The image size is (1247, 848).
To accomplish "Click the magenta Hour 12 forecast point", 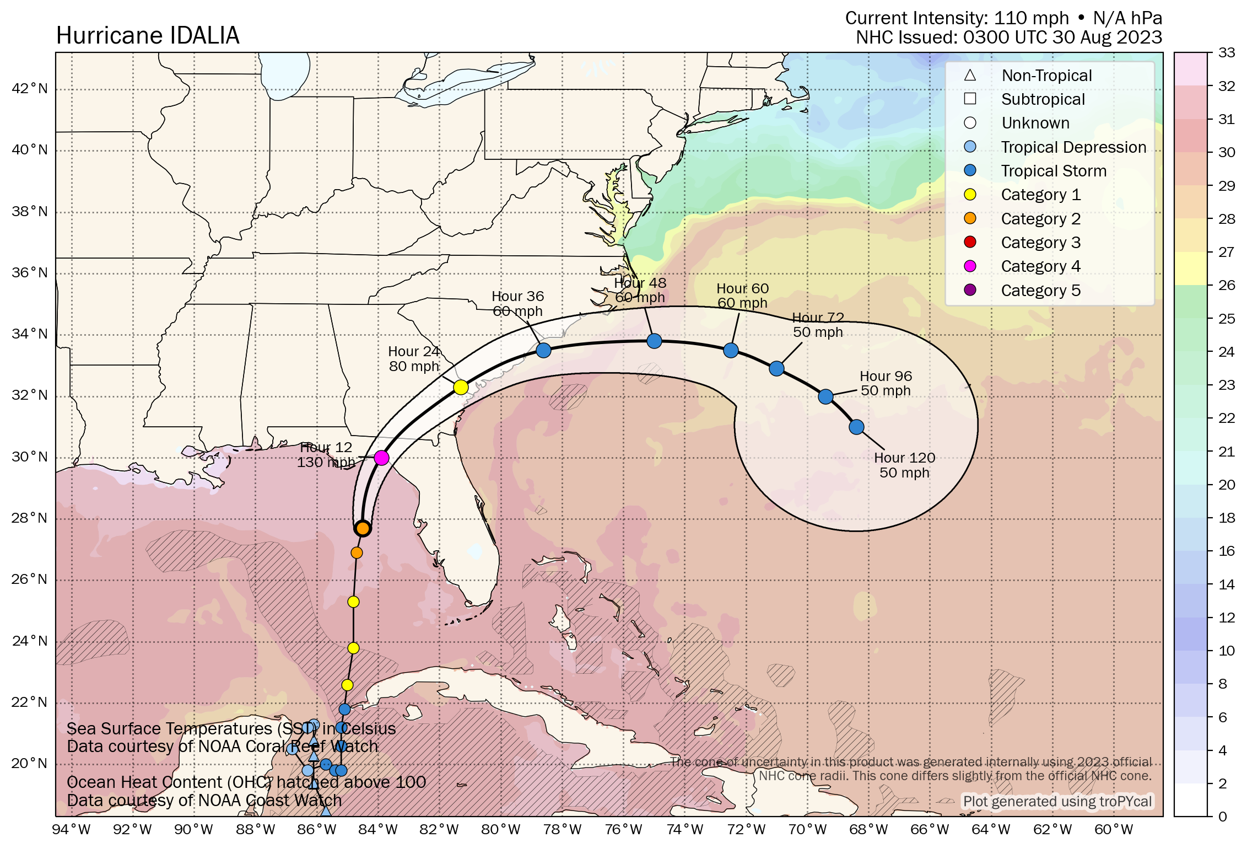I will tap(381, 458).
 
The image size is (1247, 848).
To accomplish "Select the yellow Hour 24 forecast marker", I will tap(461, 387).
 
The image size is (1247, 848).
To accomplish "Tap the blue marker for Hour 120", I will tap(856, 427).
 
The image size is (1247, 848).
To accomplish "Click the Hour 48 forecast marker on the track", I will tap(654, 341).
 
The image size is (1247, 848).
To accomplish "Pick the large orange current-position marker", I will tap(363, 529).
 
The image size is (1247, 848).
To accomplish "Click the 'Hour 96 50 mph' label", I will tap(886, 383).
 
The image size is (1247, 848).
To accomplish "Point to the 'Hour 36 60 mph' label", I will tap(517, 304).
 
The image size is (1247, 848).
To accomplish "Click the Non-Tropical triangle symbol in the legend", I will tap(970, 76).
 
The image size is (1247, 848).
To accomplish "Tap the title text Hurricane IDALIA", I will tap(148, 36).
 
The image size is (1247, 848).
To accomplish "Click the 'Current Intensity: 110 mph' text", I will tap(957, 18).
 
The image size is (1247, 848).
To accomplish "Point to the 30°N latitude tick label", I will tap(30, 457).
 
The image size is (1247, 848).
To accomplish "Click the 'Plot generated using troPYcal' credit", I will tap(1057, 801).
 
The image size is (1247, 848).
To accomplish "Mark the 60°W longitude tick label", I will tap(1114, 830).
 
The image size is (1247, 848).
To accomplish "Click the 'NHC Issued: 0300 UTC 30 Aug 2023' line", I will tap(1008, 37).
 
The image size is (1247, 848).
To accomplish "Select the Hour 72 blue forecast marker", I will tap(776, 368).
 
